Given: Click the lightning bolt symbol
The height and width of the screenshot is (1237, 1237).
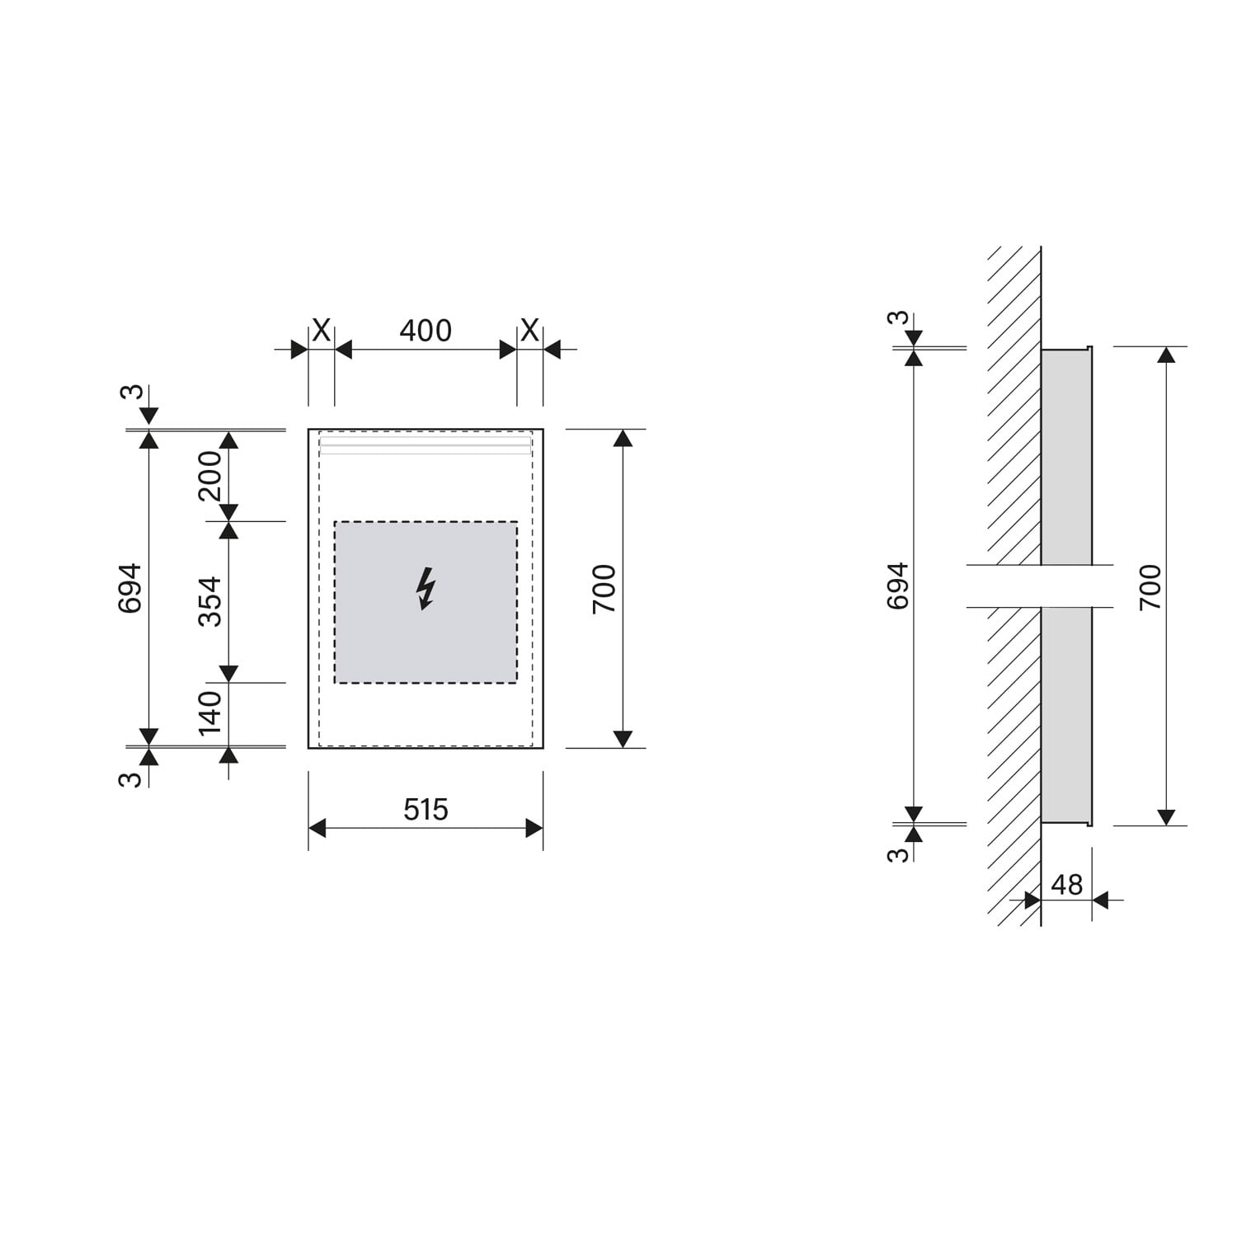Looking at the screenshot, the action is pos(426,588).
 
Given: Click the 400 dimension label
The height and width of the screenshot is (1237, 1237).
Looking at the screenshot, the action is pos(426,331).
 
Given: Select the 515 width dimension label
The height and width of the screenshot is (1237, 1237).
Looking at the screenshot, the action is pos(426,809).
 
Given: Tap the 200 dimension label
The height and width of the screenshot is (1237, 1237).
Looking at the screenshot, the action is pos(210,476).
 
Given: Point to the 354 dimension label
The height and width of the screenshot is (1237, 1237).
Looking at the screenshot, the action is pos(210,601).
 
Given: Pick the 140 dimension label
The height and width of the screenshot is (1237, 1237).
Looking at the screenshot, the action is pos(210,713).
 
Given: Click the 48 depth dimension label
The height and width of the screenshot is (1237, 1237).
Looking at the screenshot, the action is pos(1066,885).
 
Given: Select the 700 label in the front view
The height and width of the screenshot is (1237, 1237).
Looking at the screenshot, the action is pos(604,588).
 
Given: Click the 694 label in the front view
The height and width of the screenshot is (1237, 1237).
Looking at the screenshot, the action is pos(130,588).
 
